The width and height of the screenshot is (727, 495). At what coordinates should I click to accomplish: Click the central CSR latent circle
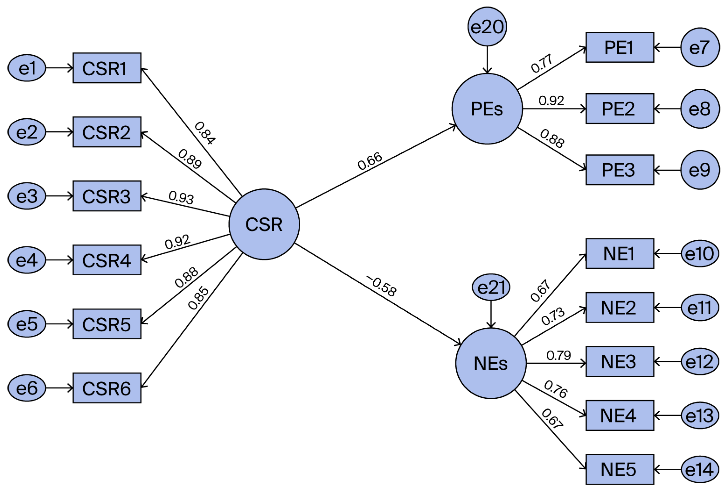[264, 224]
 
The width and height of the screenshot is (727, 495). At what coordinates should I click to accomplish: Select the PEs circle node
[487, 109]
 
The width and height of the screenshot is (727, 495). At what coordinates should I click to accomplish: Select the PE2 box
[619, 109]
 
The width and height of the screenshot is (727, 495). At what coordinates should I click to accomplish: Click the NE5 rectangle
[619, 469]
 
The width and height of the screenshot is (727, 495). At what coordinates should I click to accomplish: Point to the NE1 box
[619, 253]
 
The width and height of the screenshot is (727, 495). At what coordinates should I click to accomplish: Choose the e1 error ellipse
[27, 68]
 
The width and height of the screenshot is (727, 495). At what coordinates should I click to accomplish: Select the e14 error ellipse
[700, 469]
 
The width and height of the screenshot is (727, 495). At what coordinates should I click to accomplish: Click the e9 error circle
[700, 170]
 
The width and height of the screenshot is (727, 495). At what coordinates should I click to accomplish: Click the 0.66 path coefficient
[370, 161]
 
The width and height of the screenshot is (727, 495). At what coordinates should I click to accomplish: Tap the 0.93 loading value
[181, 197]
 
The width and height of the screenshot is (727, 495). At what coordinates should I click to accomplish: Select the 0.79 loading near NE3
[558, 355]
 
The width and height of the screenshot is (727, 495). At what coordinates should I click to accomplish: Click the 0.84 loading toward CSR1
[205, 133]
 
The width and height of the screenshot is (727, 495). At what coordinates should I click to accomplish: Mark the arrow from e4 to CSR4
[59, 260]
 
